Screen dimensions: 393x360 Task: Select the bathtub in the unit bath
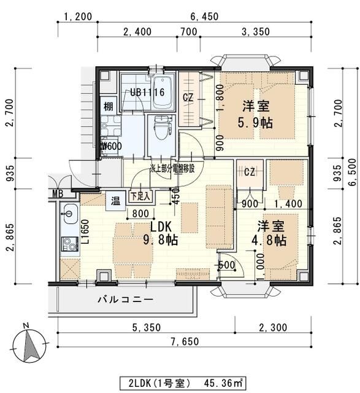(x=163, y=89)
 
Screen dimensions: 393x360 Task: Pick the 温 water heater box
(x=115, y=199)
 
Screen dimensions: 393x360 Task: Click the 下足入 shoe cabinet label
(x=140, y=198)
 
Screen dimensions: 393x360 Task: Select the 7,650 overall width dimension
(x=182, y=342)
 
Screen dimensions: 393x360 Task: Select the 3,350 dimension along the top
(x=253, y=32)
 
